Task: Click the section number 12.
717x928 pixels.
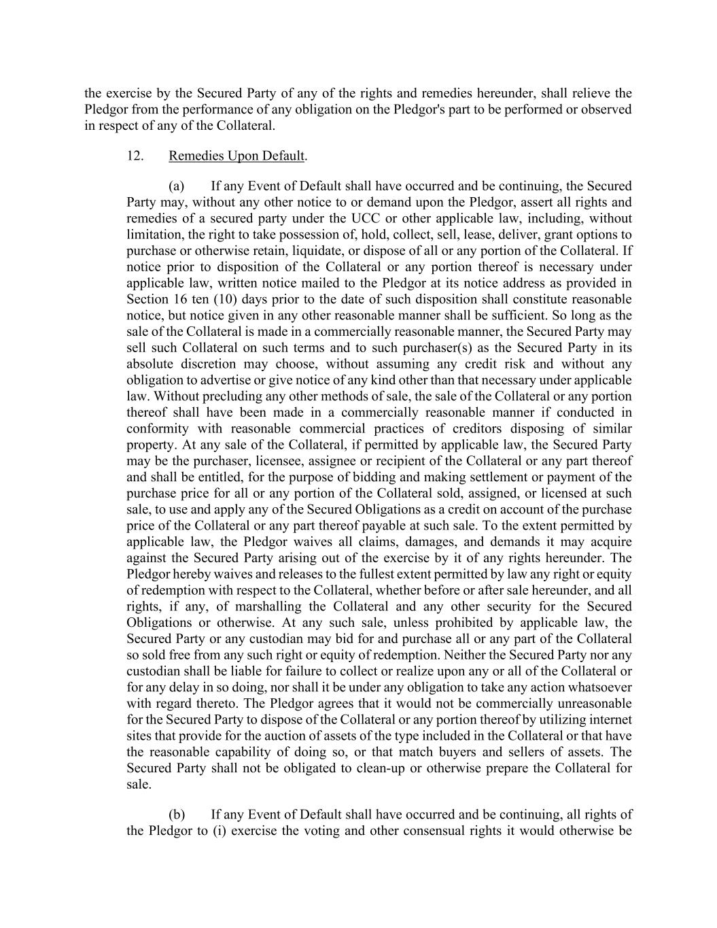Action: (135, 156)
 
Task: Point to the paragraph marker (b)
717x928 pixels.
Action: (177, 814)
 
